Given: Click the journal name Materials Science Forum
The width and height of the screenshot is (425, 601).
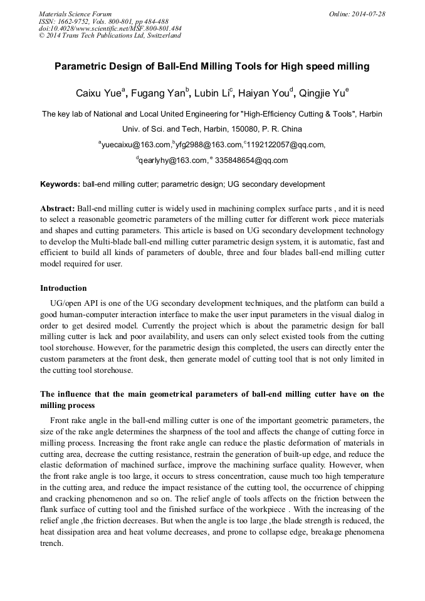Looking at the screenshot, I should pos(75,14).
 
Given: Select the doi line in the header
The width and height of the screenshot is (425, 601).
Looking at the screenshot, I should pos(110,29).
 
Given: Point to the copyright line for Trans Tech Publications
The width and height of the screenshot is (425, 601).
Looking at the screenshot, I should pos(110,36).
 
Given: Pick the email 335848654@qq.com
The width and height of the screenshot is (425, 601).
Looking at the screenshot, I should pos(251,160).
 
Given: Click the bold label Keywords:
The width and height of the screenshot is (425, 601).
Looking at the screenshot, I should pos(60,184).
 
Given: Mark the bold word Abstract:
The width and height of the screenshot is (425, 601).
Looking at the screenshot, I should pos(58,207).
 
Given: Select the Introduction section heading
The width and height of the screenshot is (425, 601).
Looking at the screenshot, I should pos(63,288).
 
